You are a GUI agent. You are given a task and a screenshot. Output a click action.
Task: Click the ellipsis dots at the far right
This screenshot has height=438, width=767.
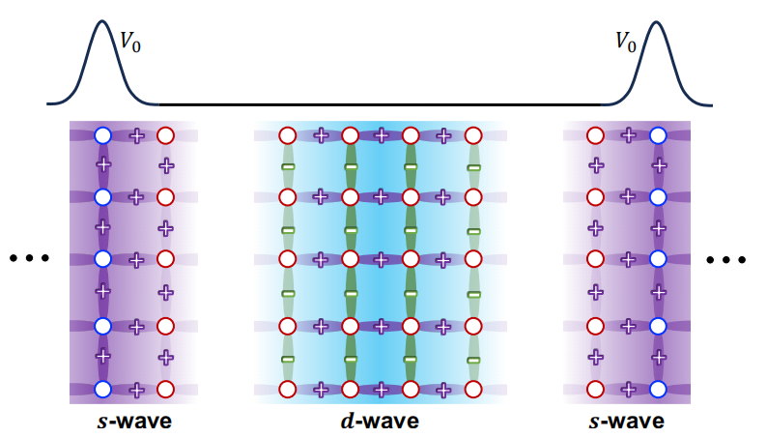coord(725,259)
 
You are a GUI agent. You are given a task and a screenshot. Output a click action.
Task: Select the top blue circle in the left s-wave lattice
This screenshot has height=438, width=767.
coord(103,135)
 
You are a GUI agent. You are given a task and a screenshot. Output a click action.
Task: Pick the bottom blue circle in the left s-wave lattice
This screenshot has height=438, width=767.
coord(103,389)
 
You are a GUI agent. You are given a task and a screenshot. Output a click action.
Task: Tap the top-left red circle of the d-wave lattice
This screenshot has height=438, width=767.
coord(287,135)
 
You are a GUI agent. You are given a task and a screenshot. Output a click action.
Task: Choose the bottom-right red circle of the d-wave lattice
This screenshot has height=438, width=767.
coord(472,389)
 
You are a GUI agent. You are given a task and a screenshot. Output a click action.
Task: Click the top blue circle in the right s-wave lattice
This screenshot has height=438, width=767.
coord(658,135)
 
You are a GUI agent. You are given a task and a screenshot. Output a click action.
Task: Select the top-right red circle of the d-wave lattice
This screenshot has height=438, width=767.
coord(472,135)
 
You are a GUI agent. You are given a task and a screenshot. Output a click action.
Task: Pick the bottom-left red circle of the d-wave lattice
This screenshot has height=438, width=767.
coord(287,389)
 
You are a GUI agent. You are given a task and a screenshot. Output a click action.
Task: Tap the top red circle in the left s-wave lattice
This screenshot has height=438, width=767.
coord(165,135)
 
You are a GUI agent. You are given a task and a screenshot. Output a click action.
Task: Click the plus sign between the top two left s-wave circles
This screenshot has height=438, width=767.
coord(135,135)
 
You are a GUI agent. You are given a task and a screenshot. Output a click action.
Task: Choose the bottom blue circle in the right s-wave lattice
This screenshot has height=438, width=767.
coord(658,389)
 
